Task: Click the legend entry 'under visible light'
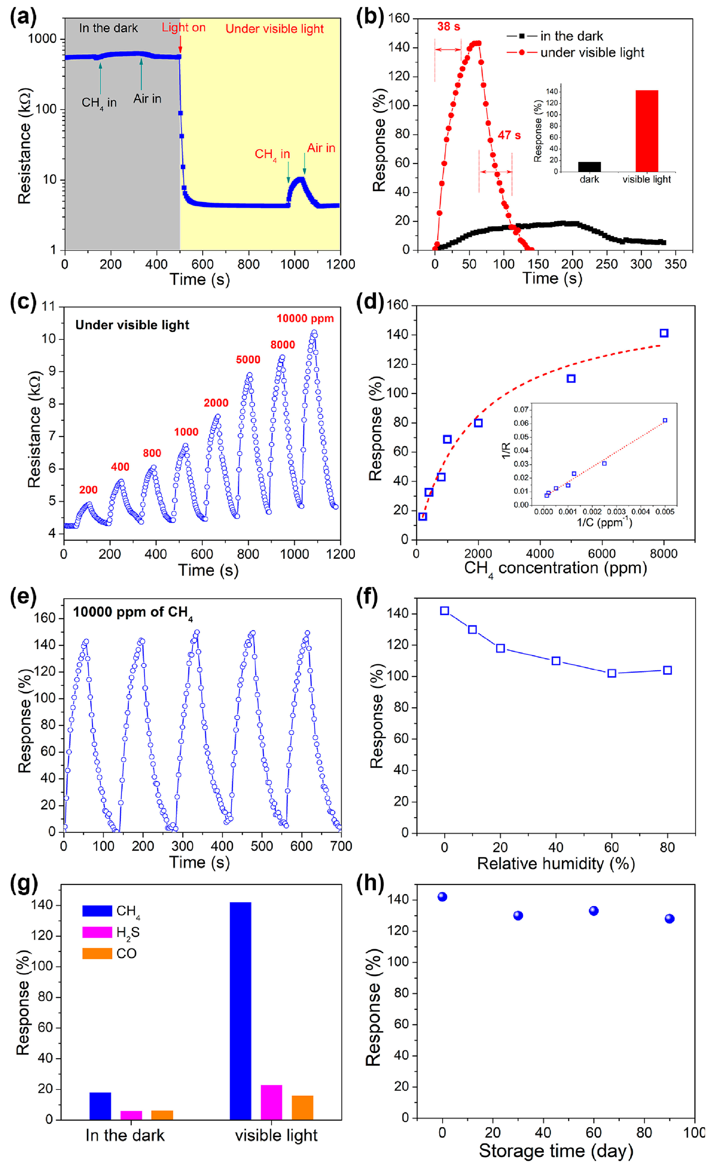click(592, 53)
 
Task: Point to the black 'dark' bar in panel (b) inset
click(589, 167)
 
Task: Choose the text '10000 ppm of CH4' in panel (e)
click(133, 612)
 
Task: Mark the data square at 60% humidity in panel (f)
click(612, 673)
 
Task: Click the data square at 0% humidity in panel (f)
click(444, 611)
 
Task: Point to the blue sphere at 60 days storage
click(594, 911)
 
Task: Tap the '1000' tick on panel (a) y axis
click(42, 39)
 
